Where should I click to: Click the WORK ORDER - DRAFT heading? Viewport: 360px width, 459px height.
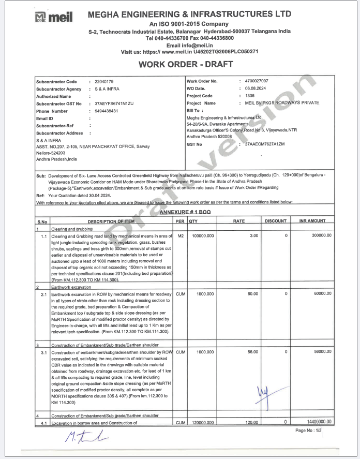(x=186, y=64)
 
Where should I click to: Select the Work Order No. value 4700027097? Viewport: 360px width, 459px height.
(x=258, y=81)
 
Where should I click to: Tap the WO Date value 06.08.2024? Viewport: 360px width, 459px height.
(x=255, y=88)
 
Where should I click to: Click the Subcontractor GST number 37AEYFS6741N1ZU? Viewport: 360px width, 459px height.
(x=114, y=103)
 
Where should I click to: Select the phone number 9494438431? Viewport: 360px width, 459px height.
(x=107, y=111)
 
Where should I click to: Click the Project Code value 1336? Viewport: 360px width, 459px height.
(x=250, y=96)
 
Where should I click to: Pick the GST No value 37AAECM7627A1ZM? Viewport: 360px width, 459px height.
(x=265, y=144)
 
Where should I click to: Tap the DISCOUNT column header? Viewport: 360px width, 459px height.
(x=275, y=221)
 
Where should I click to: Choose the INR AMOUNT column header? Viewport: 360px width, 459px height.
(x=312, y=221)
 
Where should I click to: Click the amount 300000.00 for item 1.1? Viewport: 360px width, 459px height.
(x=321, y=235)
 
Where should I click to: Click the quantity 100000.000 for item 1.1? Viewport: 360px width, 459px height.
(x=202, y=235)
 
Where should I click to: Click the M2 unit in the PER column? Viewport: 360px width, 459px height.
(x=181, y=235)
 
